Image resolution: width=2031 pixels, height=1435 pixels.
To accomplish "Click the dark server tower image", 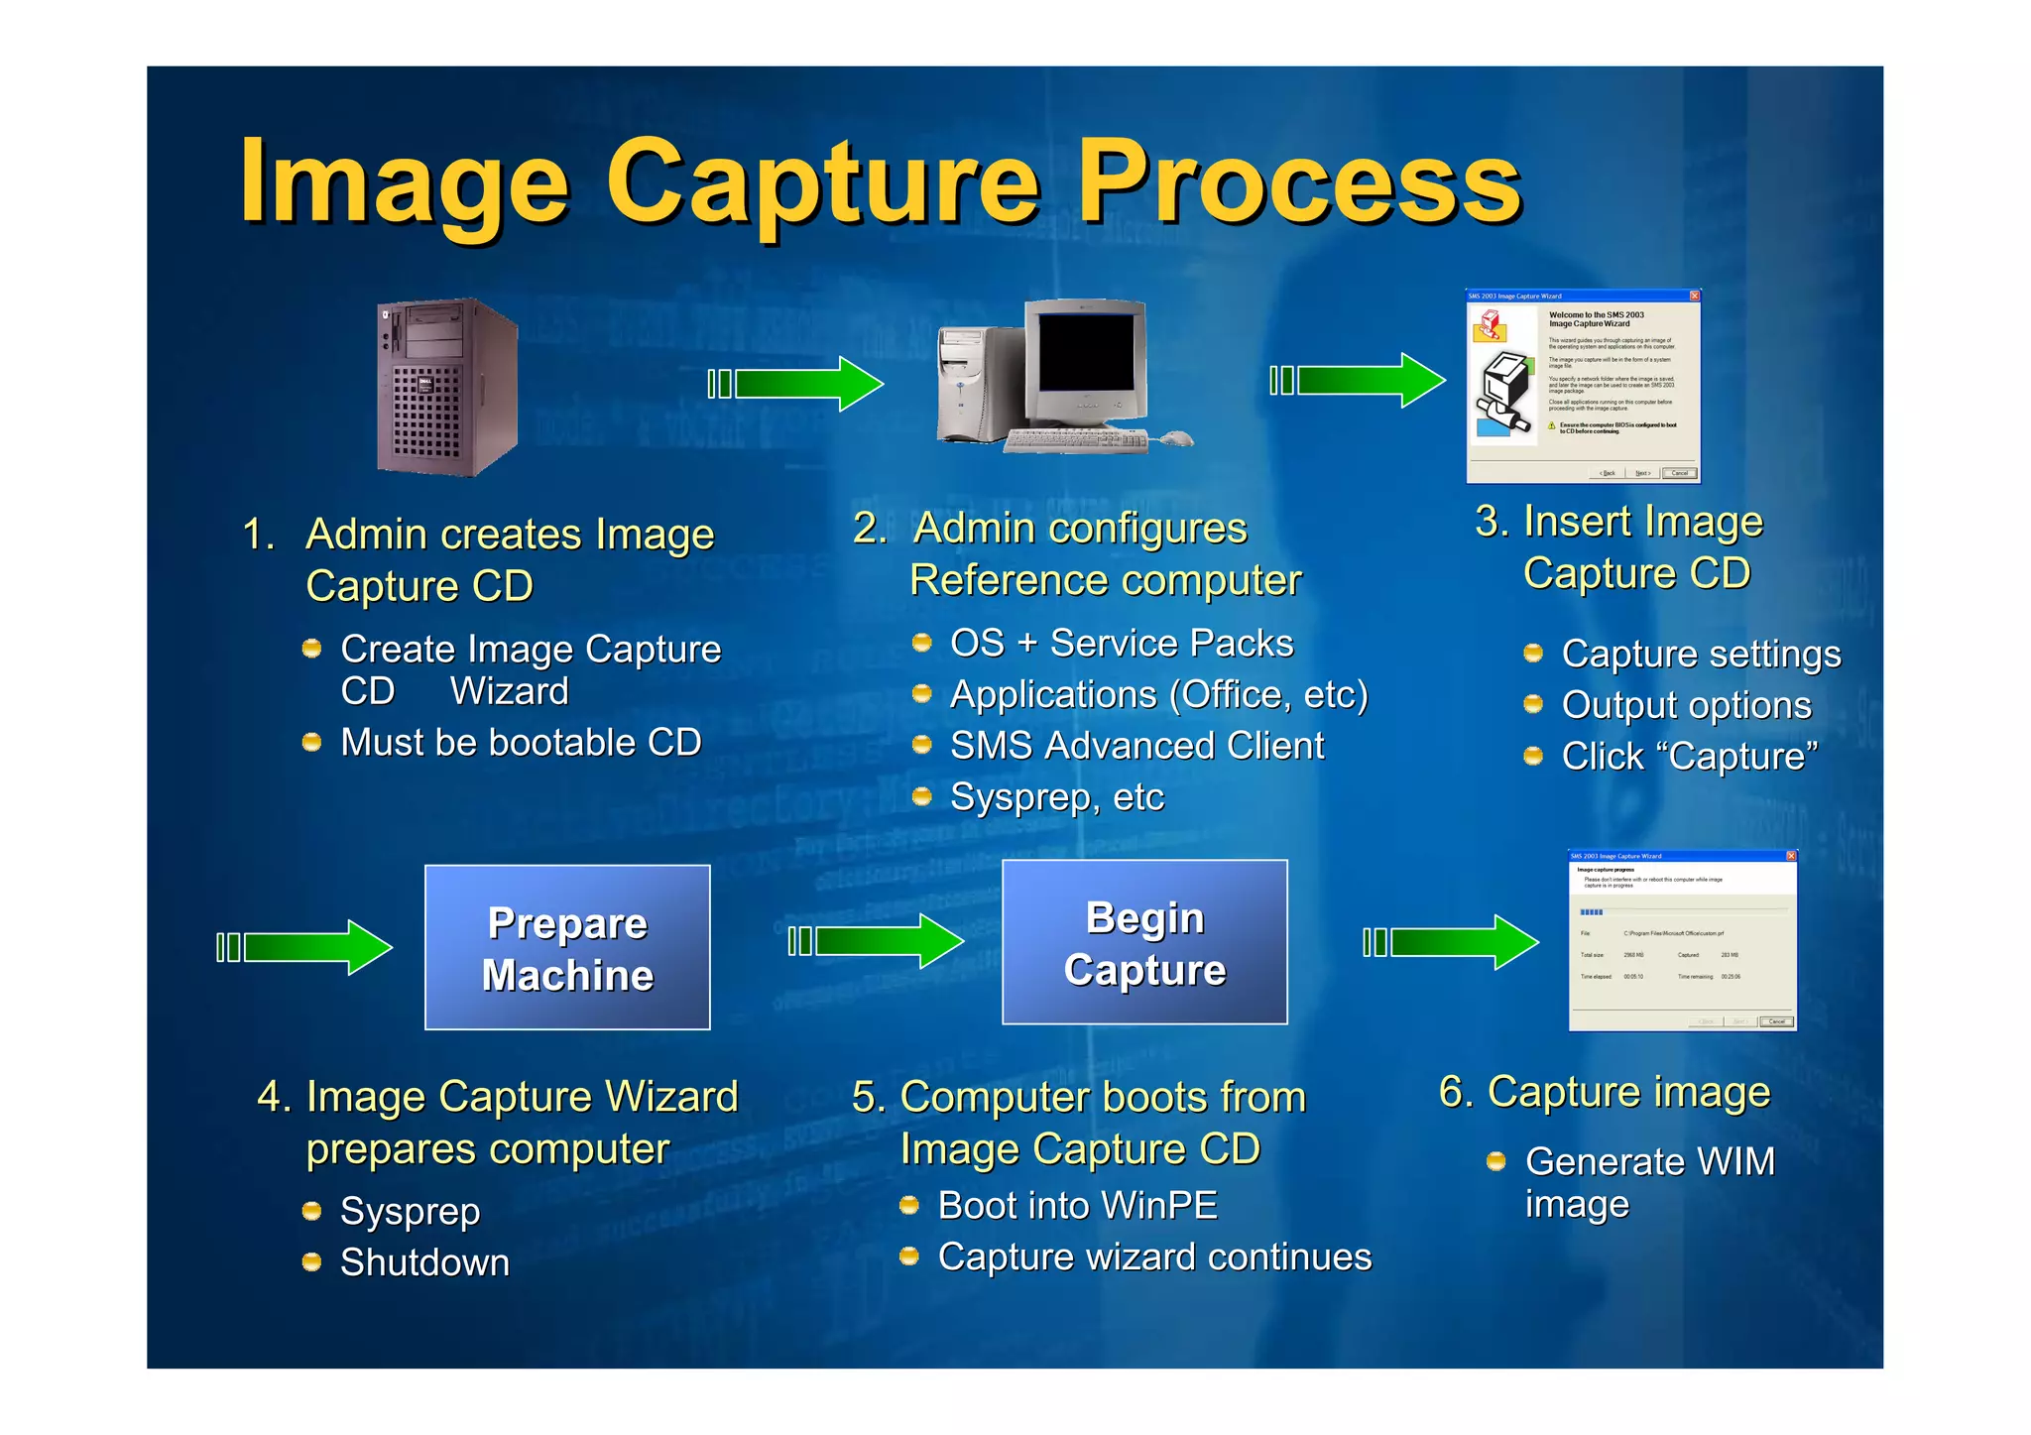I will coord(446,387).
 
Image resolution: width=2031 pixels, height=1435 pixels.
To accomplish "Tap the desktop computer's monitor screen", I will coord(1085,352).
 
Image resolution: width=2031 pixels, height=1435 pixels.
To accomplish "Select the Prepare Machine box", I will coord(567,947).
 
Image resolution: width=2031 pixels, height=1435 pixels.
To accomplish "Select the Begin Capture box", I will coord(1144,942).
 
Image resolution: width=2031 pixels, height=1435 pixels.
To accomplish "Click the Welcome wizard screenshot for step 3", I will coord(1583,387).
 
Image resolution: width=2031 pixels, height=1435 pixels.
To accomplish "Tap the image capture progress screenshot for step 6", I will coord(1682,940).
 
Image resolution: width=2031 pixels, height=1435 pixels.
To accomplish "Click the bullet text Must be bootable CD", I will coord(521,743).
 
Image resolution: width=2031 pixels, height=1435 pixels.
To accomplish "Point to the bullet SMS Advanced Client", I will coord(1136,746).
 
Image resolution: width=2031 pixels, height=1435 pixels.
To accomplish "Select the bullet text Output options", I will coord(1686,705).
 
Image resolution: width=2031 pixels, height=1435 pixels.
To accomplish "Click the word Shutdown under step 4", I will coord(424,1262).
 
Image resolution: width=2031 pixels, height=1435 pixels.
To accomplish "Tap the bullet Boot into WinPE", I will coord(1077,1206).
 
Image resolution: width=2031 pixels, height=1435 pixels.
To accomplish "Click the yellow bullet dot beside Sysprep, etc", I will coord(922,796).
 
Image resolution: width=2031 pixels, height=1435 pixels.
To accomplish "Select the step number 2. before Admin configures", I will coord(869,528).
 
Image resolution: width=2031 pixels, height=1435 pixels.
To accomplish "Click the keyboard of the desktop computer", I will coord(1076,440).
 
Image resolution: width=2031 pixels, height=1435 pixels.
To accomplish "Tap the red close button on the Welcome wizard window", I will coord(1695,296).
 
